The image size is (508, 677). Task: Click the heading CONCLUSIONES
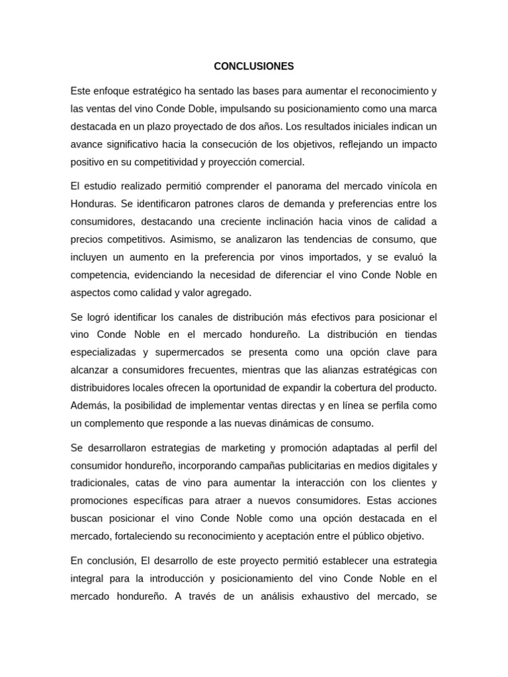(x=254, y=67)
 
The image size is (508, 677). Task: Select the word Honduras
(x=93, y=204)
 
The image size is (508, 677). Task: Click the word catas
(x=150, y=483)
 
